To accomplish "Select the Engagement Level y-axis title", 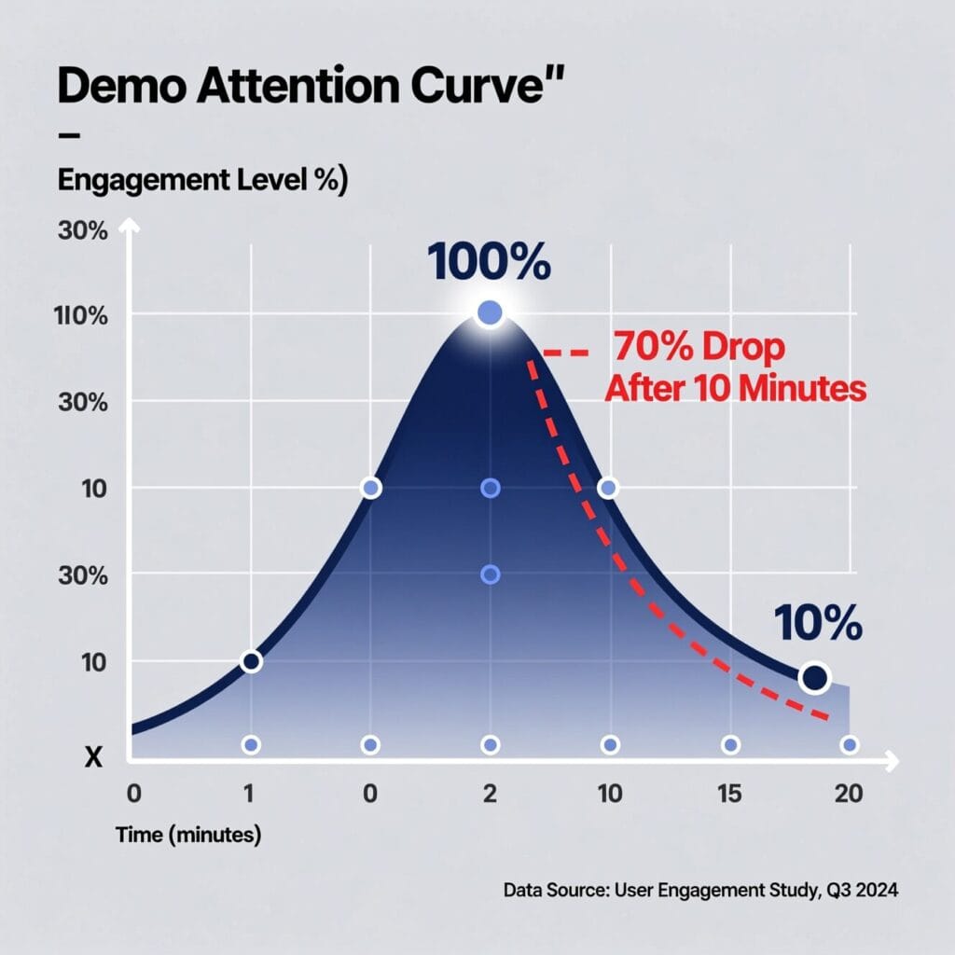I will coord(202,181).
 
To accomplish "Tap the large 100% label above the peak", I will coord(489,264).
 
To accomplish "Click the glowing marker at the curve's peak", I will coord(490,314).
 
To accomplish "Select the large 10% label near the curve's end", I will coord(818,624).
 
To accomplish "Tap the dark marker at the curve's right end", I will coord(815,678).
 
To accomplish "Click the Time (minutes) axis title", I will coord(188,836).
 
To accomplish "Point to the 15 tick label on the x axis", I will coord(729,794).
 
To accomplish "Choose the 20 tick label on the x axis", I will coord(849,794).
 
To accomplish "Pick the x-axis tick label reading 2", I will coord(490,794).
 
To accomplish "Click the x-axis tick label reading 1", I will coord(249,794).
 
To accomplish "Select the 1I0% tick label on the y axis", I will coord(82,316).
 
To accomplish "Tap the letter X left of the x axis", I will coord(92,757).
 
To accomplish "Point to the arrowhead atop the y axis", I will coord(132,227).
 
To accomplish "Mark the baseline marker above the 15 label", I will coord(730,745).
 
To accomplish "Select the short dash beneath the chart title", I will coord(69,136).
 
